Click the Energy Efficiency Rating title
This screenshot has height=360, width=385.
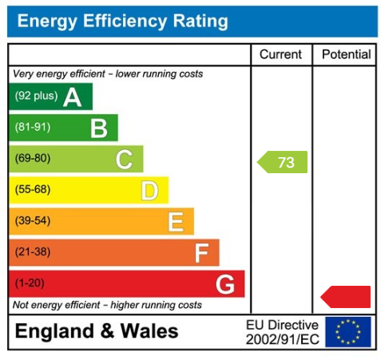122,22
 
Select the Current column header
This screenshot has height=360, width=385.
281,55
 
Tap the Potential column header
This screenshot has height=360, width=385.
346,55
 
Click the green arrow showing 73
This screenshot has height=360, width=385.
283,163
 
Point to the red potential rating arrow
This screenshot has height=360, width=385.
347,297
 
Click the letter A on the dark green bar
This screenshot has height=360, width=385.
73,97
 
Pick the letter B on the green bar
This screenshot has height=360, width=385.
98,128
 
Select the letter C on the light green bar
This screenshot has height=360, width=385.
124,159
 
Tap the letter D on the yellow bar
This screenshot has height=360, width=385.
149,190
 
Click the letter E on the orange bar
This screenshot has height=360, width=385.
176,221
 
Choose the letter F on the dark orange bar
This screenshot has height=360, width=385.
201,252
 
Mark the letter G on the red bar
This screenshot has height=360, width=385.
225,283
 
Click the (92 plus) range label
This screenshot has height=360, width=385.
36,97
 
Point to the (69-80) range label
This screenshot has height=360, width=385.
32,159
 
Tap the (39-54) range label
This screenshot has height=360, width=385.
32,221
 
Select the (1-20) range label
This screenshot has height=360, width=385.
30,283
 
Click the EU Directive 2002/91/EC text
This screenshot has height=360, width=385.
282,332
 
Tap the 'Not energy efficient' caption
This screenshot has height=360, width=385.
108,305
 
